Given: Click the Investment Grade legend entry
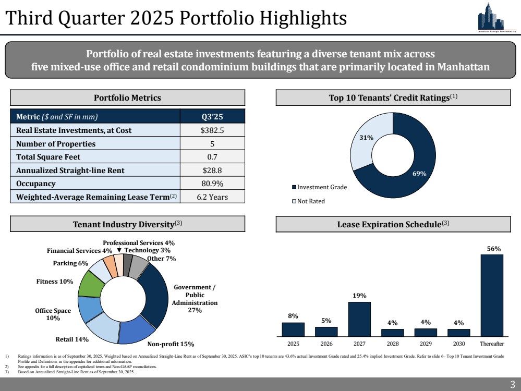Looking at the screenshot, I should [319, 187].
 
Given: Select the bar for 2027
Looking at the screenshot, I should [359, 319].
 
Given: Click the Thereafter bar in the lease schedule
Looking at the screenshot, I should [492, 295].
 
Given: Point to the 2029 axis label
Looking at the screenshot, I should [426, 344].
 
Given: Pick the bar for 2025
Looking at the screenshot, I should [293, 329].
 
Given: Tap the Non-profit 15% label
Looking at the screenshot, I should [171, 344].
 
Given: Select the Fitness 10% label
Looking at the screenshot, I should [54, 282].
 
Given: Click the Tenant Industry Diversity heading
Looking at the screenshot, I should [127, 225].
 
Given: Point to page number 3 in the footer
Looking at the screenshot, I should [512, 385].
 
